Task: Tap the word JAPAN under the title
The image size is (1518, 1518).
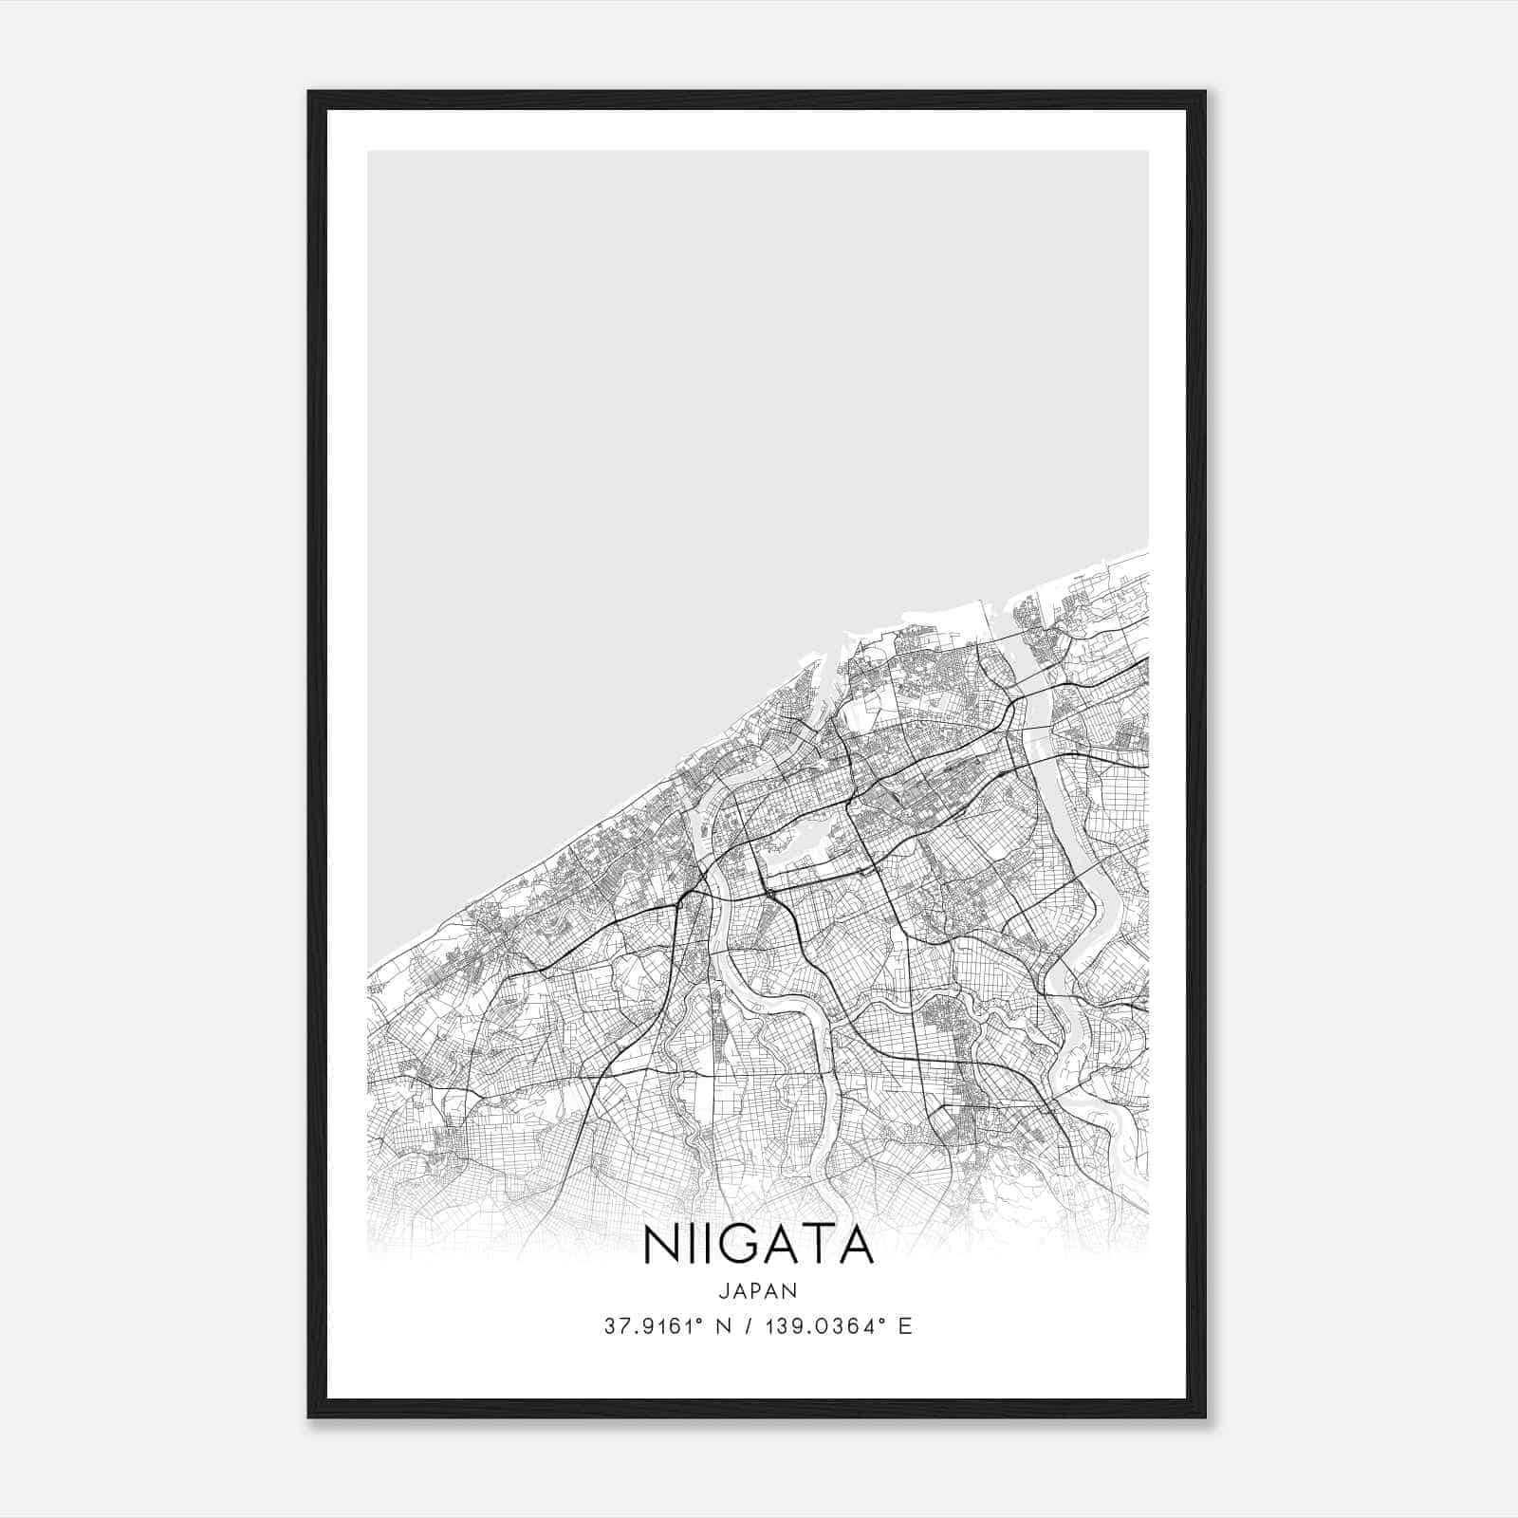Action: tap(758, 1290)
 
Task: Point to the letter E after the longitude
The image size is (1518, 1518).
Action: tap(905, 1326)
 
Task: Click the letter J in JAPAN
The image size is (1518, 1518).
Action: tap(723, 1290)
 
